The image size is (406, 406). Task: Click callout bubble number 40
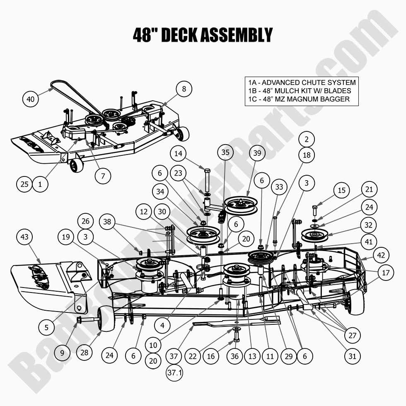(31, 99)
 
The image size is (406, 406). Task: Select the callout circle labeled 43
(25, 237)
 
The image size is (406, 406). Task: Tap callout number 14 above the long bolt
(178, 153)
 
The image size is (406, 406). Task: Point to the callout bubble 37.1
(174, 373)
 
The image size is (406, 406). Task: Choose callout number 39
(257, 153)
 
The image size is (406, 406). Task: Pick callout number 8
(184, 89)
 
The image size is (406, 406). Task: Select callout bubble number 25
(24, 184)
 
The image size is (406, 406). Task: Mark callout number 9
(62, 353)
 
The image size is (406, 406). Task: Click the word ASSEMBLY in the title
(237, 35)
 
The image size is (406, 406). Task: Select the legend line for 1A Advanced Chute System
(300, 82)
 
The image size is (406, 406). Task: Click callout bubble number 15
(341, 191)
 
